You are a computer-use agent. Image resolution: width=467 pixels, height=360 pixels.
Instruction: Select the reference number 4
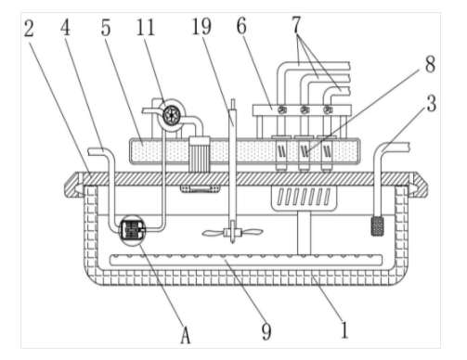point(65,28)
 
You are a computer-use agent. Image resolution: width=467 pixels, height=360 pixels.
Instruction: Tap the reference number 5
point(106,29)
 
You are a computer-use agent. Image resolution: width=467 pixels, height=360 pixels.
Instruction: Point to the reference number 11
point(145,28)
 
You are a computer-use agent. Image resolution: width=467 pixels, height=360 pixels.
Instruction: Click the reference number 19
point(201,26)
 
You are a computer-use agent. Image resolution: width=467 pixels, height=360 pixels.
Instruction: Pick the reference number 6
point(241,26)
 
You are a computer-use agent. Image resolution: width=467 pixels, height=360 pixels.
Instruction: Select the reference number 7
point(296,24)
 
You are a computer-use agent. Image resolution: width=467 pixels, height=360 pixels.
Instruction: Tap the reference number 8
point(430,64)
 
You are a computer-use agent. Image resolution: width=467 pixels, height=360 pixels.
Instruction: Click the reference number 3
point(432,104)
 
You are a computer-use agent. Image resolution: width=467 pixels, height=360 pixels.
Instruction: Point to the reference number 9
point(266,331)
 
